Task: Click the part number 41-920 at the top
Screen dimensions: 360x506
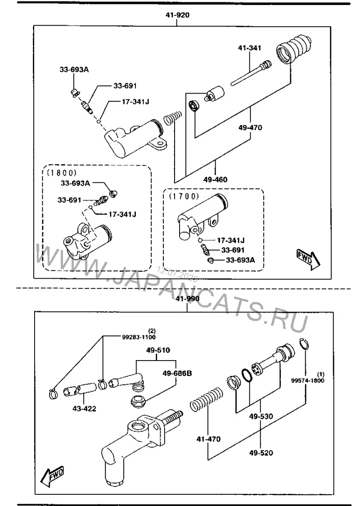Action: [177, 15]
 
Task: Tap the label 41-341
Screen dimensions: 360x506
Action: [250, 48]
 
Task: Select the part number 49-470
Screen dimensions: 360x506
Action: [250, 127]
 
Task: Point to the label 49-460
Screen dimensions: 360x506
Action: [215, 180]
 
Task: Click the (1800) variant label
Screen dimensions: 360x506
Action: [62, 173]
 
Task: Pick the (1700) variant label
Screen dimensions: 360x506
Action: [184, 196]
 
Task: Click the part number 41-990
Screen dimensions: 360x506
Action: [187, 298]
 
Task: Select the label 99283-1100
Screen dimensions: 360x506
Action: [139, 337]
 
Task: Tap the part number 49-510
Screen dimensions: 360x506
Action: [158, 350]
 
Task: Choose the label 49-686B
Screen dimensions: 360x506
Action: [177, 373]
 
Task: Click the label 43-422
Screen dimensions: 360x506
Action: [84, 409]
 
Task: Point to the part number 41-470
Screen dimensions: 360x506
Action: [209, 439]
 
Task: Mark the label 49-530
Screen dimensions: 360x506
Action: [261, 416]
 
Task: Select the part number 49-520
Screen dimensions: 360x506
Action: [261, 453]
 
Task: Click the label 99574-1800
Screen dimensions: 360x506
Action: [308, 380]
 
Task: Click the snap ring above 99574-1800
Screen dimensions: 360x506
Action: [304, 344]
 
